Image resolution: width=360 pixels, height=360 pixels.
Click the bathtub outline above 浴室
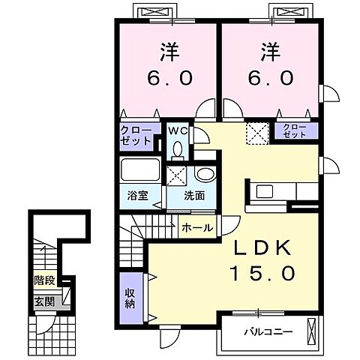point(139,170)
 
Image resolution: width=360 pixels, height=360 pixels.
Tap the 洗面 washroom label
point(196,197)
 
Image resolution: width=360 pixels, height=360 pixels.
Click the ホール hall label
point(196,227)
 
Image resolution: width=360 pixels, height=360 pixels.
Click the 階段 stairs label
point(43,281)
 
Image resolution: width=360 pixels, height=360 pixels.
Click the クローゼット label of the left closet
point(136,135)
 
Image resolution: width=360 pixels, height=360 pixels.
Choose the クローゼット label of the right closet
point(295,131)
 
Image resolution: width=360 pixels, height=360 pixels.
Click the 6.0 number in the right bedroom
point(270,76)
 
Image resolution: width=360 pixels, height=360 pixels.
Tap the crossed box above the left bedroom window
point(155,12)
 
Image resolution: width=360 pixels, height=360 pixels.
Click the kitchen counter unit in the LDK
point(271,192)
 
